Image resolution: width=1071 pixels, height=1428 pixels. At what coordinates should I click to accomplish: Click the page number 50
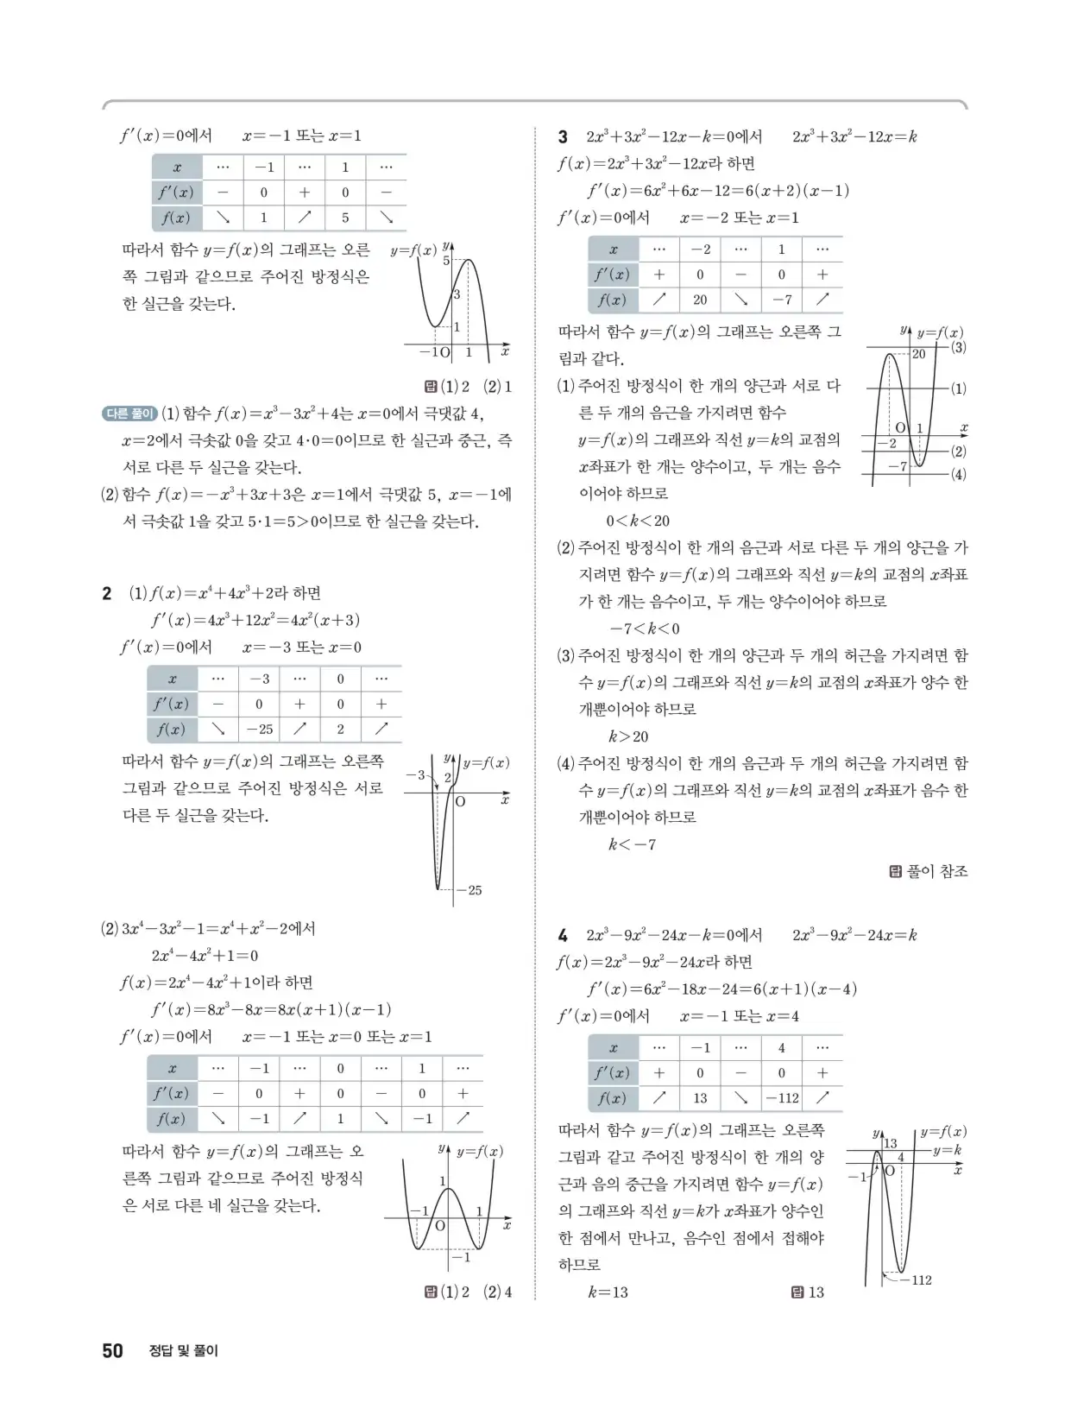pos(112,1350)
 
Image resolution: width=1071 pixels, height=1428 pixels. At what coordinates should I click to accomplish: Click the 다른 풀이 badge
pos(129,414)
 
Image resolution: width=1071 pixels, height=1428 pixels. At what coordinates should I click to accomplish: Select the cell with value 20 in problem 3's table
pos(700,300)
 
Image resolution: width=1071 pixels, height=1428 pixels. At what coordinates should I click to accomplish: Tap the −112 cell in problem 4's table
pos(781,1098)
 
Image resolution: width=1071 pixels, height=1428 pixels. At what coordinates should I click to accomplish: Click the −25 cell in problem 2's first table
pos(259,729)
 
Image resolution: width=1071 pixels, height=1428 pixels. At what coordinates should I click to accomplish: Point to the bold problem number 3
pos(563,136)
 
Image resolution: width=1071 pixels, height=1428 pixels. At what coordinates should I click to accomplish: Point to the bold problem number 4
pos(563,935)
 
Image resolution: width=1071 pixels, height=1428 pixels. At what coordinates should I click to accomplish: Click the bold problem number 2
pos(107,593)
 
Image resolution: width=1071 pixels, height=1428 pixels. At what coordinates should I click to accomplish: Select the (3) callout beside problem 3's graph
pos(958,347)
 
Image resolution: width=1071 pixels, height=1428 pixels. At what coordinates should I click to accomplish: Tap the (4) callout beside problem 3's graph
pos(958,474)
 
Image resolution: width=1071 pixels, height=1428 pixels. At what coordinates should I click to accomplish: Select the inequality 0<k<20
pos(638,521)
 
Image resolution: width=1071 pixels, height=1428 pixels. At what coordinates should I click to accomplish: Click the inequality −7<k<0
pos(645,629)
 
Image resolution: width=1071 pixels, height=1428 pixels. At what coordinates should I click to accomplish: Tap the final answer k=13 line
pos(608,1292)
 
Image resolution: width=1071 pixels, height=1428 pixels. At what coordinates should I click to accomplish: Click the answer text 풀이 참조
pos(936,872)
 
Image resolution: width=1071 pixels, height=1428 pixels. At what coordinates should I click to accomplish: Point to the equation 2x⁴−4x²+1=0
pos(205,956)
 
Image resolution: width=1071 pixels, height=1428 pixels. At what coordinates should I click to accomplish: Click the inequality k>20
pos(628,736)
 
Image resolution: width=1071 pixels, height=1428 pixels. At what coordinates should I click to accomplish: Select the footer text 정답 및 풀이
pos(183,1351)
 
